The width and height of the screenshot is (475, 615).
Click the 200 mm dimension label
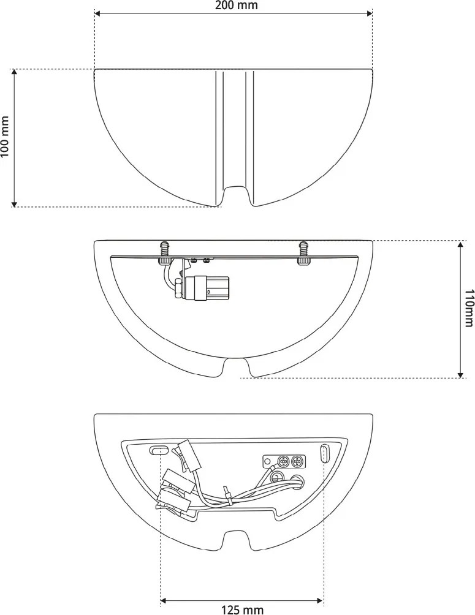click(237, 6)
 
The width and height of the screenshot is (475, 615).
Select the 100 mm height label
click(6, 137)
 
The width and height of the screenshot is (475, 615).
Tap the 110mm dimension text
click(468, 308)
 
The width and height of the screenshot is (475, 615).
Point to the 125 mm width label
click(242, 609)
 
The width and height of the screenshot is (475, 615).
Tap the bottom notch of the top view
click(237, 195)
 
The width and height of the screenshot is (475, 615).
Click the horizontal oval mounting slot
click(160, 450)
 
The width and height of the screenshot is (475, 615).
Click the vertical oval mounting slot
click(325, 454)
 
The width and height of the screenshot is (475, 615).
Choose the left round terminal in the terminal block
click(284, 461)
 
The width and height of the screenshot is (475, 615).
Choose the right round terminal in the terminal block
click(297, 461)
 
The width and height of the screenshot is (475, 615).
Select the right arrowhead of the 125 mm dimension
click(321, 601)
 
